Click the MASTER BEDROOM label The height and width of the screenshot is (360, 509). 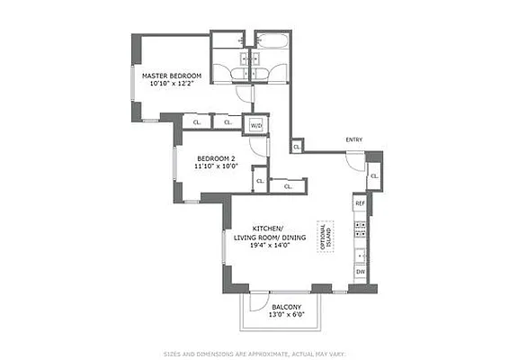click(x=170, y=75)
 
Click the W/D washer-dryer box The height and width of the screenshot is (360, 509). click(x=255, y=125)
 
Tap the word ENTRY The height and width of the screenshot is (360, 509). click(x=354, y=139)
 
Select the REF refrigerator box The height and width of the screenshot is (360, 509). click(x=360, y=204)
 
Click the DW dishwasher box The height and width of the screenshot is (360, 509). click(x=360, y=271)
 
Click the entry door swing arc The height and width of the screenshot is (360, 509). click(x=356, y=162)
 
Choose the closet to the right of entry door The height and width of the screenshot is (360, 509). click(x=373, y=178)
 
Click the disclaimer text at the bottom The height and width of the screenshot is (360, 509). click(x=254, y=353)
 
